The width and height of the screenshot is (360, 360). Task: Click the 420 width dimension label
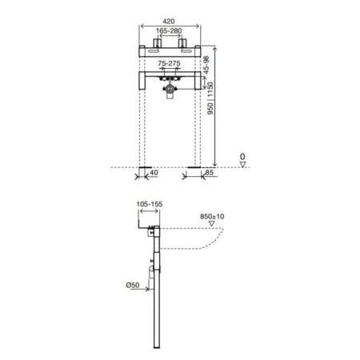point(168,22)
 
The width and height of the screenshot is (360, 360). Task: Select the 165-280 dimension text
point(169,31)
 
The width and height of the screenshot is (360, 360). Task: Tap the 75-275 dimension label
point(169,63)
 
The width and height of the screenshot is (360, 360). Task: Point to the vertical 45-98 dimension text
point(206,65)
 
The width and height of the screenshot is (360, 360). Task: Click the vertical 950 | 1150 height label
point(210,98)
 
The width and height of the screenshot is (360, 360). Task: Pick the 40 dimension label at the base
point(154,173)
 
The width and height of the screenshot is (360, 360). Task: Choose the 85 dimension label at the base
point(210,173)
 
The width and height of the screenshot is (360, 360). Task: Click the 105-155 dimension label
point(150,204)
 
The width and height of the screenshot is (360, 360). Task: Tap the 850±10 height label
point(212,217)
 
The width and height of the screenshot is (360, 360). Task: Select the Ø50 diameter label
point(133,285)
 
